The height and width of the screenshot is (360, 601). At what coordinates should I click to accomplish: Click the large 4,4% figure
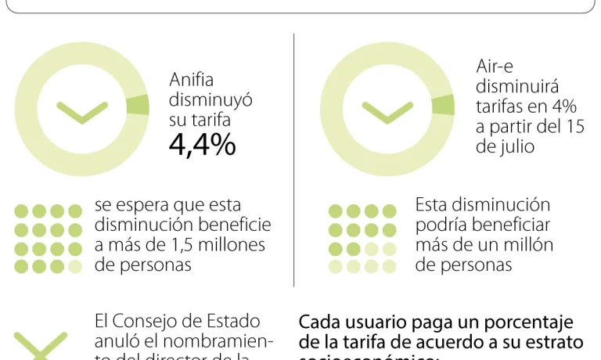(202, 146)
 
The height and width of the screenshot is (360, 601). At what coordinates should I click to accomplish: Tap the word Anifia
(191, 81)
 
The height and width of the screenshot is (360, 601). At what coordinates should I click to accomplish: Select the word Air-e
(495, 68)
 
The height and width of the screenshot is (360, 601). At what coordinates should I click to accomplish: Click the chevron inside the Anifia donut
(82, 112)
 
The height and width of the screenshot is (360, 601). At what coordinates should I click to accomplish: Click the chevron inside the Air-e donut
(387, 112)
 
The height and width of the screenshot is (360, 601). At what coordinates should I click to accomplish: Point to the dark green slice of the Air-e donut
(443, 105)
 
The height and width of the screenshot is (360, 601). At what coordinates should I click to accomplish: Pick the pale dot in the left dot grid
(75, 267)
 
